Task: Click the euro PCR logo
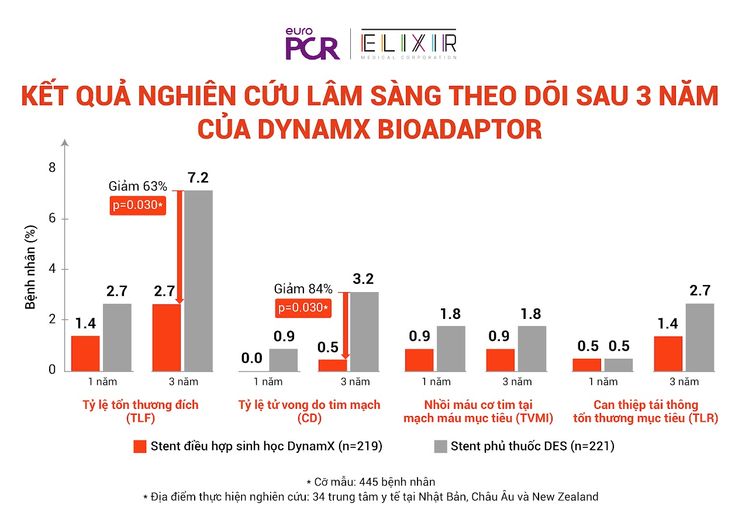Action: pos(312,44)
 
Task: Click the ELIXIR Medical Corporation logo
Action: pos(409,44)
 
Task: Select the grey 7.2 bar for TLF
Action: pos(198,280)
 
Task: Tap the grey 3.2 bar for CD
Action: pos(364,331)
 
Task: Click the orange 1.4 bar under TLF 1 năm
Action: pos(85,353)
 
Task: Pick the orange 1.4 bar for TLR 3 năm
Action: pos(668,353)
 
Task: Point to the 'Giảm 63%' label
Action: pos(138,187)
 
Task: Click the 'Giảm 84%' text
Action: pos(303,289)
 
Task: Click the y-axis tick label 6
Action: pos(51,218)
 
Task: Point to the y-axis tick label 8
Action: pos(51,168)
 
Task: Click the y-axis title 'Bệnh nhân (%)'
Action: pos(30,269)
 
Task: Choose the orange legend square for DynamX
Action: pos(139,447)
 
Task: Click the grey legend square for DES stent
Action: pos(440,447)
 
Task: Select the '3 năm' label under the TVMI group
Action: pos(517,382)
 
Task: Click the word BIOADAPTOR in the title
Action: pos(457,129)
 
